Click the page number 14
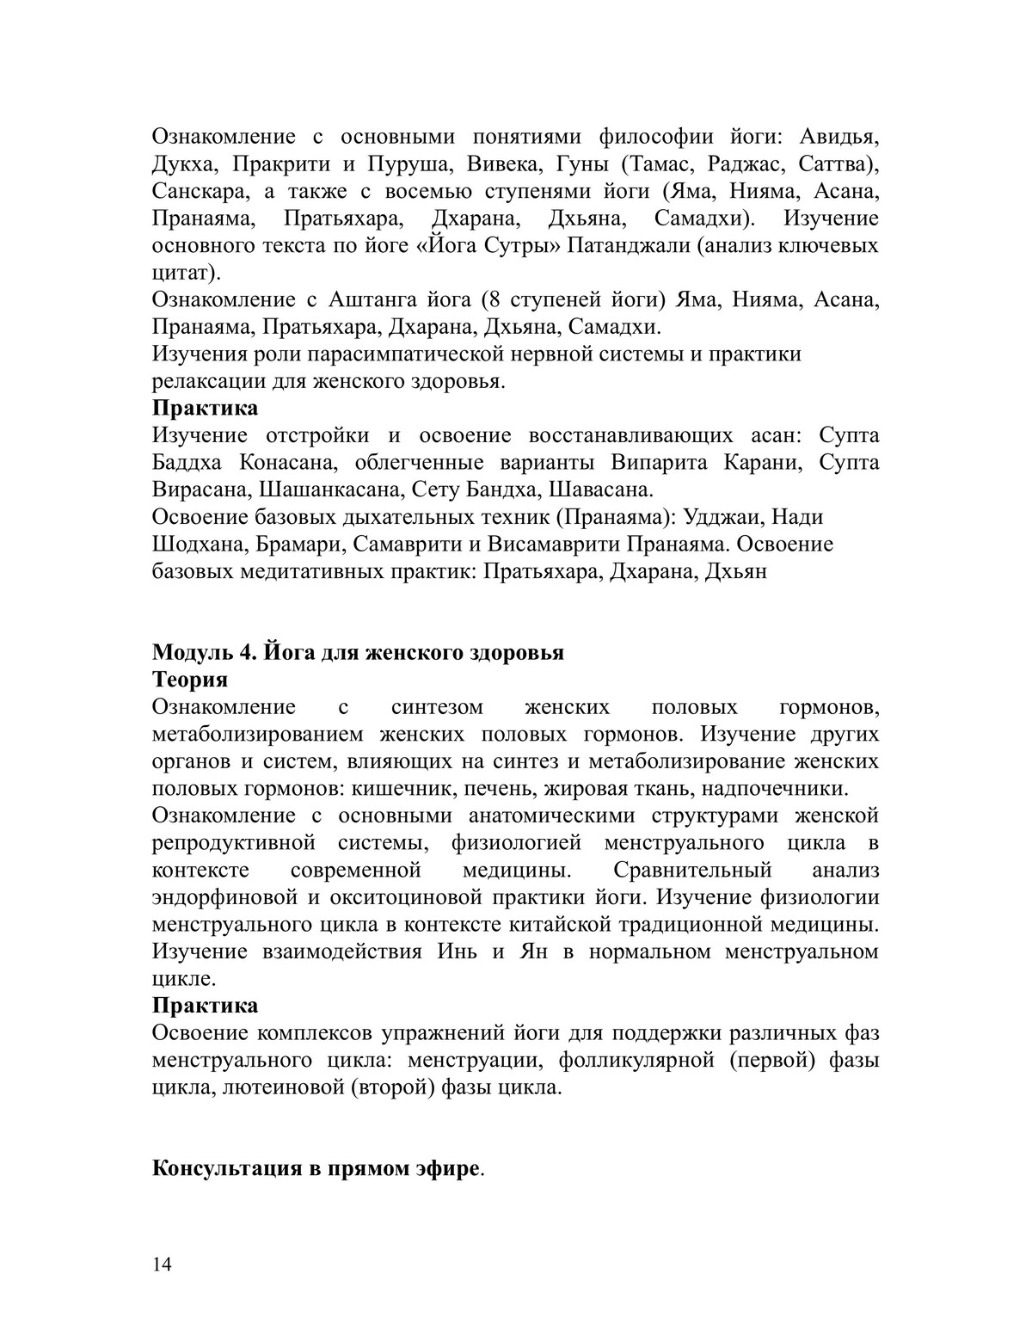pos(162,1264)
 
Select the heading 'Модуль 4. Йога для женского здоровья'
pos(358,652)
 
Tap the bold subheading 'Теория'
pos(190,680)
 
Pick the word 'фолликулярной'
pos(636,1060)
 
